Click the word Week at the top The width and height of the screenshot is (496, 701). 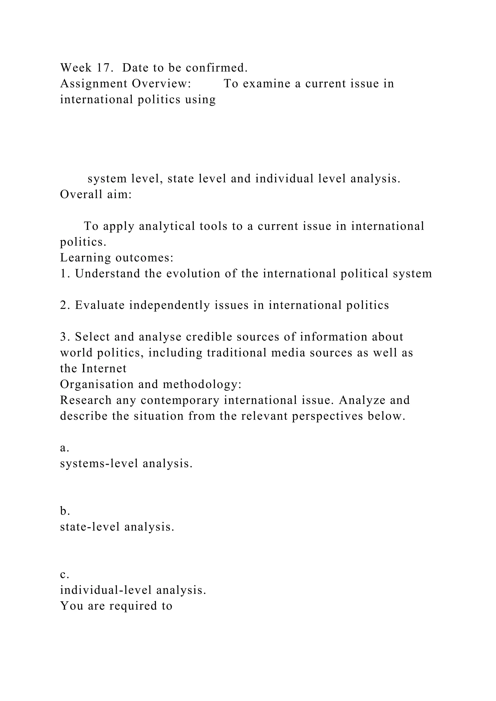tap(76, 68)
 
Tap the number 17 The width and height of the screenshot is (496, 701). tap(105, 68)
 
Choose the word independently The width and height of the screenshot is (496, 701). tap(169, 305)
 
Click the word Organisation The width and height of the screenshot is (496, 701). tap(97, 385)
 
